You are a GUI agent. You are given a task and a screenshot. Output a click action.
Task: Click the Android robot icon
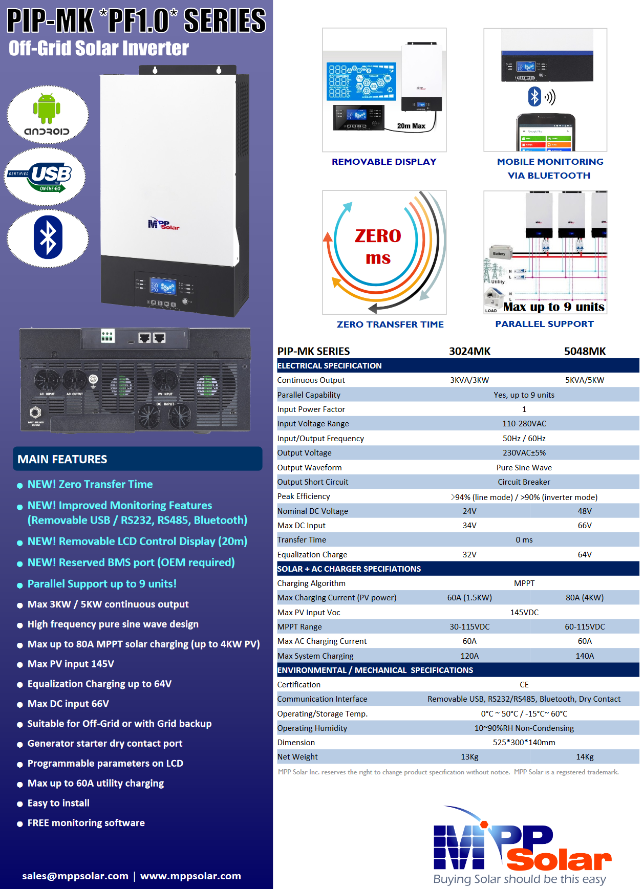tap(47, 108)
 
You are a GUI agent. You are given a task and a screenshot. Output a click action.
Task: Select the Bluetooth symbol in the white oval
tap(48, 237)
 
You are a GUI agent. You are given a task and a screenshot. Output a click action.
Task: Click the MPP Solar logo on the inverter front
tap(163, 224)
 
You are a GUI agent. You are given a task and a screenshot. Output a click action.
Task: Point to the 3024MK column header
tap(469, 351)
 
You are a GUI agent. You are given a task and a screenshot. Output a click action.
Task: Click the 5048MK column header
tap(585, 351)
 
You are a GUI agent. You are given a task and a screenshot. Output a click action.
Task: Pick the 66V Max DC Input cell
tap(585, 526)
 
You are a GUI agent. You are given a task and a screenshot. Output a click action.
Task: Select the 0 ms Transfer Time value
tap(524, 540)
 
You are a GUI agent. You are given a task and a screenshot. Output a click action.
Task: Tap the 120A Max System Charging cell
tap(469, 656)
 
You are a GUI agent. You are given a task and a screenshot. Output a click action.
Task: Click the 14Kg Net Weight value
tap(585, 757)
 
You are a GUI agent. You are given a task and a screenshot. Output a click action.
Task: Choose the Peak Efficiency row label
tap(304, 496)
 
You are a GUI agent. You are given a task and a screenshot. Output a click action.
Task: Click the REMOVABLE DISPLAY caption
tap(384, 162)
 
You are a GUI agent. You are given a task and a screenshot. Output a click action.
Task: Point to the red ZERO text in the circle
tap(378, 236)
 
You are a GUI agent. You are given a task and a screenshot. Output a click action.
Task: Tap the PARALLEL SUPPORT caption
tap(544, 324)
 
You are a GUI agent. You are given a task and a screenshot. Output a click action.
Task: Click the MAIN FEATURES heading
tap(62, 459)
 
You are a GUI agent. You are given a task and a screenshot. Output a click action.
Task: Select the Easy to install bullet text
tap(58, 803)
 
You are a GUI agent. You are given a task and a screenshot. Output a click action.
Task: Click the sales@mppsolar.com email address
tap(75, 876)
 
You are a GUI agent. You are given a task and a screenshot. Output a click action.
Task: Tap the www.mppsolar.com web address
tap(190, 876)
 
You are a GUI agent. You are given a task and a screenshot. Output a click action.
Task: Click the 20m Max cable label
tap(411, 126)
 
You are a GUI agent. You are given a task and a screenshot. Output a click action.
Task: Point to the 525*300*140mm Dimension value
tap(524, 743)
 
